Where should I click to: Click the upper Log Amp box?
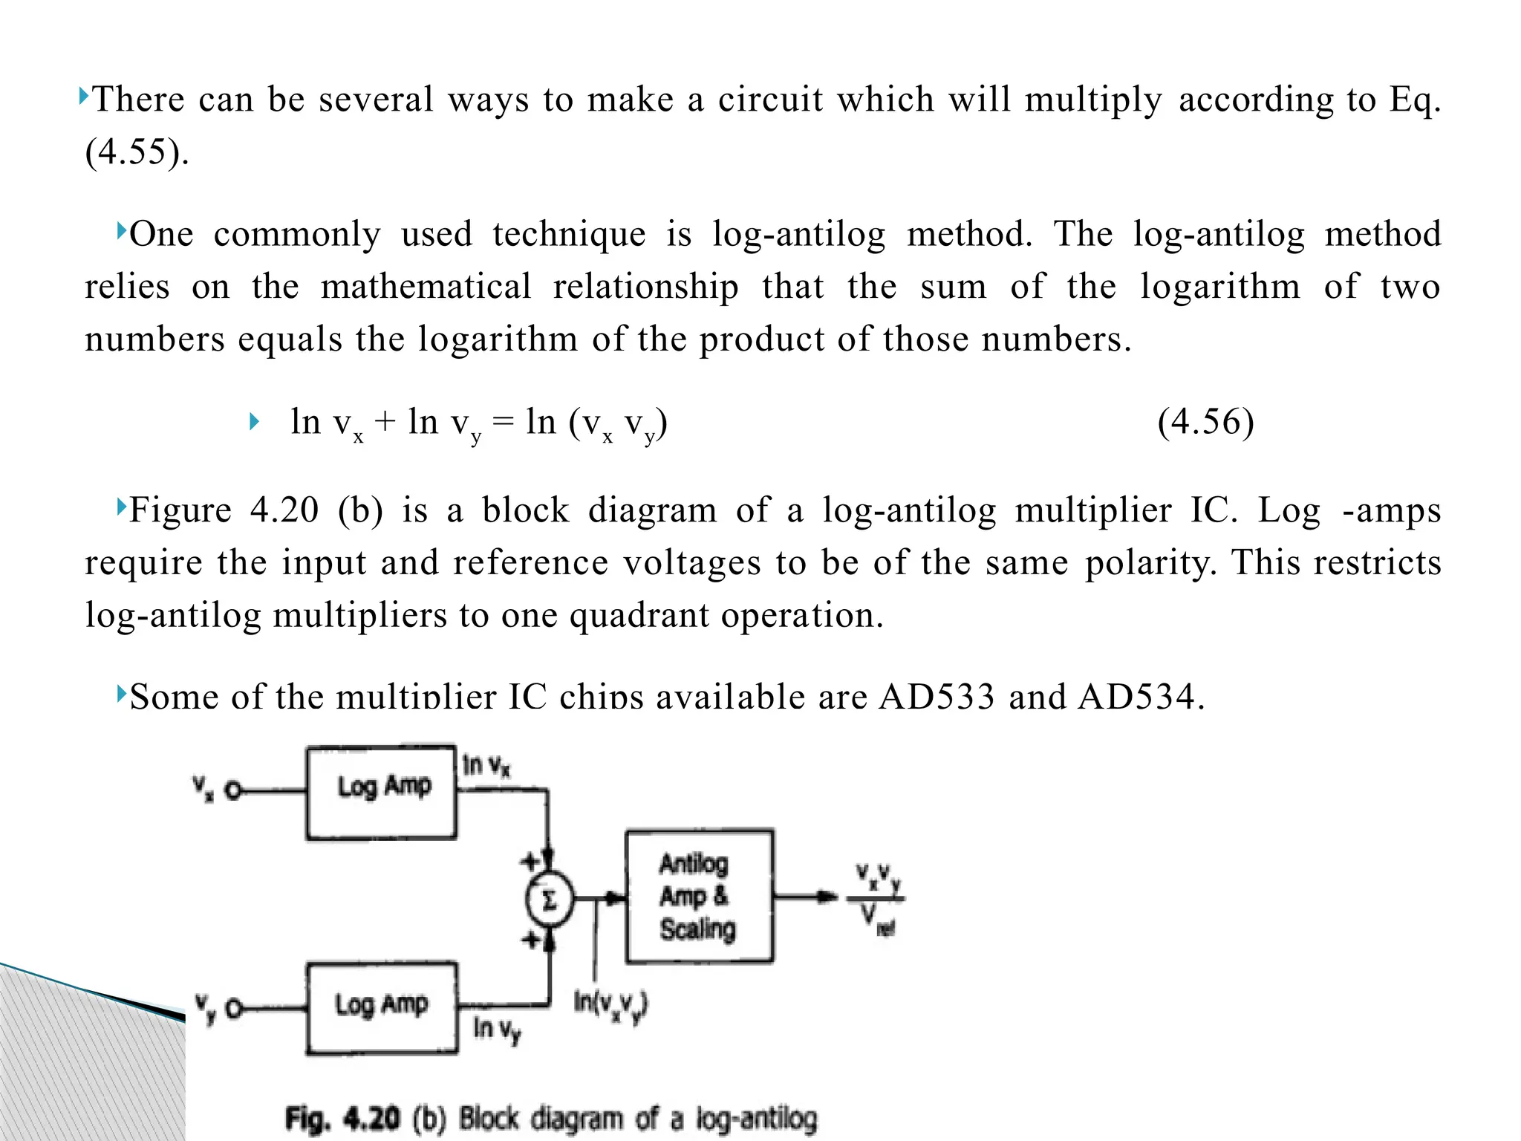tap(381, 792)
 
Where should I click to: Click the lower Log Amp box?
tap(382, 1007)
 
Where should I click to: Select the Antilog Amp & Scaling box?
tap(699, 896)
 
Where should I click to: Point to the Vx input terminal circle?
tap(233, 791)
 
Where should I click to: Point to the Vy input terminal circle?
tap(234, 1009)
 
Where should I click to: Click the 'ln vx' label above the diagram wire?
tap(486, 765)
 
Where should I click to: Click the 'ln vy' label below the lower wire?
tap(497, 1029)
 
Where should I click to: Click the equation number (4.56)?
tap(1205, 422)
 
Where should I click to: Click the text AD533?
tap(936, 697)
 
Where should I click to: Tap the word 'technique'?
tap(569, 235)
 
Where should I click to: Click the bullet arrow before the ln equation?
tap(254, 423)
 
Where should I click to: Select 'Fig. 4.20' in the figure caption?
tap(342, 1118)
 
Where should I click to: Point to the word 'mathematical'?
tap(426, 287)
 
